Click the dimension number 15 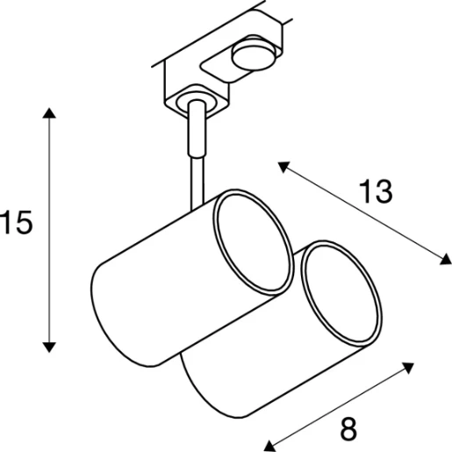(17, 225)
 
